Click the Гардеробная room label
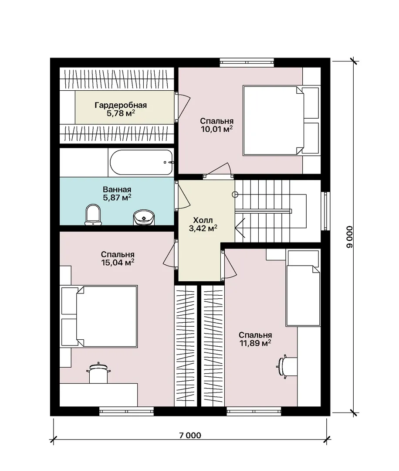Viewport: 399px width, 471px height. (121, 105)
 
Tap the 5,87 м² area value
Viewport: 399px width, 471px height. (117, 198)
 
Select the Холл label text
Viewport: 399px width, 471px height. (203, 220)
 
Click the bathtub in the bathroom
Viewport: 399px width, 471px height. (141, 162)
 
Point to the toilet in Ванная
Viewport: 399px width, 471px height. (93, 215)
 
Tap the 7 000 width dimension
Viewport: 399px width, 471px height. (190, 435)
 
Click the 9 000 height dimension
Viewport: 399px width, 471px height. (350, 237)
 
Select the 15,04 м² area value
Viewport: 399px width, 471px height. (118, 263)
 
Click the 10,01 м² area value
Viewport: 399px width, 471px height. (216, 129)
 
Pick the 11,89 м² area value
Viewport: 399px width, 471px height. (255, 343)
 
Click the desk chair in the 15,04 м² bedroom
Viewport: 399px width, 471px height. (98, 373)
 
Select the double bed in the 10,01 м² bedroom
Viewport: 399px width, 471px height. (281, 120)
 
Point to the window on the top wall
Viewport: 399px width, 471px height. (247, 62)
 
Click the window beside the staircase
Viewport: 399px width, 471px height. (325, 211)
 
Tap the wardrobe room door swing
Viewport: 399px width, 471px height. (183, 107)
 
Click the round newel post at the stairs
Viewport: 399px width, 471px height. (235, 195)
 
